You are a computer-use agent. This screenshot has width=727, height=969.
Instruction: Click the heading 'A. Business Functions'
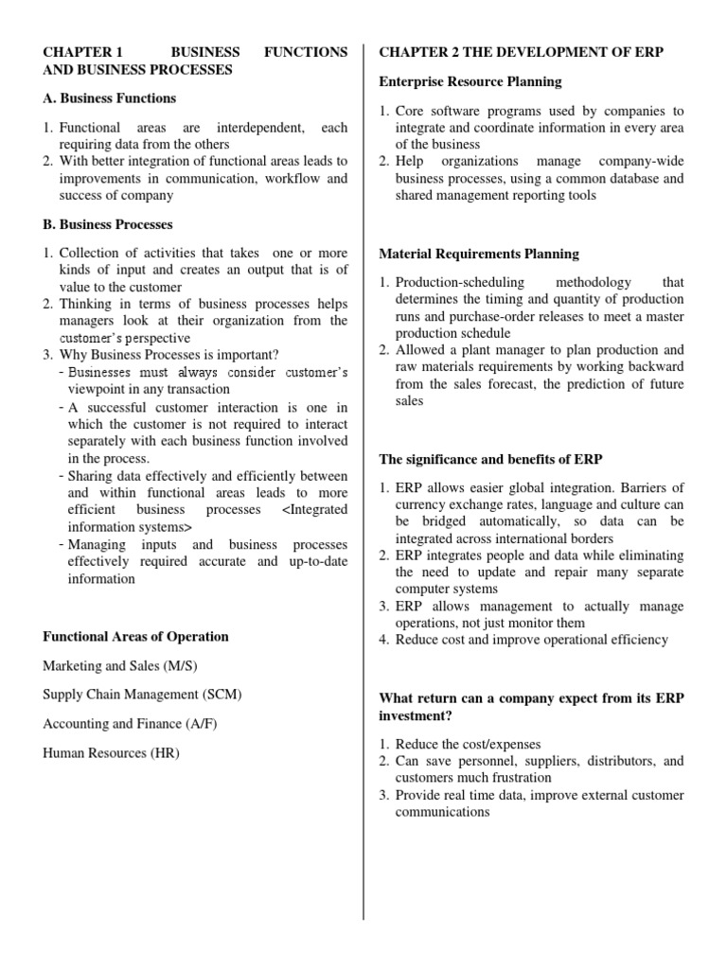click(109, 98)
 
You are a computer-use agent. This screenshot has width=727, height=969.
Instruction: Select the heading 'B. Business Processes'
click(107, 225)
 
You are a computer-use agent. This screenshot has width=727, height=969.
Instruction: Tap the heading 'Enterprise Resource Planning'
click(470, 82)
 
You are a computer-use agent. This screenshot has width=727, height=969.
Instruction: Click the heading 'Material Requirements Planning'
click(479, 255)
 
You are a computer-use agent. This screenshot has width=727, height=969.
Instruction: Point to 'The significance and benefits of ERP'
click(490, 460)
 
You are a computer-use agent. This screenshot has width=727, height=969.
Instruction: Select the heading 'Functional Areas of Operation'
click(135, 637)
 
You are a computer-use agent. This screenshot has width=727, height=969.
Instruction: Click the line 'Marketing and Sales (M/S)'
click(118, 666)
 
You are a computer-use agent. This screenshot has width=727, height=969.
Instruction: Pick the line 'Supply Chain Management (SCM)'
click(142, 696)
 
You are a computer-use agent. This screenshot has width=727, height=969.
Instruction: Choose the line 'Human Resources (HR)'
click(111, 754)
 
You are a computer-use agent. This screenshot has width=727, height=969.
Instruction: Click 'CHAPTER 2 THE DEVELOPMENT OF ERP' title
click(521, 51)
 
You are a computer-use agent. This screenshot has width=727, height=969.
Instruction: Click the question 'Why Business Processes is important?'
click(169, 356)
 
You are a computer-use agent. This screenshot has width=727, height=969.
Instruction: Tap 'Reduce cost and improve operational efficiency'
click(531, 640)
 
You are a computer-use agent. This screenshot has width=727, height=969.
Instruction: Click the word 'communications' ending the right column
click(442, 812)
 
